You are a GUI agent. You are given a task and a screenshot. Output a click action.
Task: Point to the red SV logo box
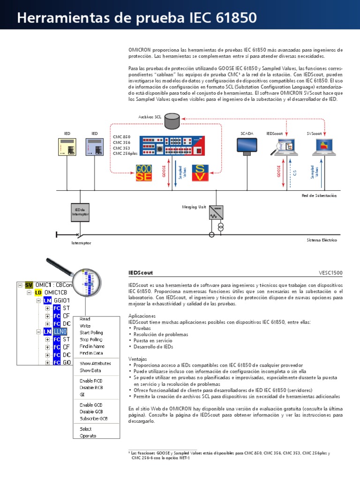200,173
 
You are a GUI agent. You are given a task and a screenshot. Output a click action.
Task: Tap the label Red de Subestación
319,195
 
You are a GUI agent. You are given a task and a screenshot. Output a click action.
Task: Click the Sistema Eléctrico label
322,240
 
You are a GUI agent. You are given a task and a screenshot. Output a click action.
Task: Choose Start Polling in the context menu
91,332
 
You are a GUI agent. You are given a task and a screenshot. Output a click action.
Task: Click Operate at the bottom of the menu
88,435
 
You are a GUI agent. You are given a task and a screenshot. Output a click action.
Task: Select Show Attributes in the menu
95,363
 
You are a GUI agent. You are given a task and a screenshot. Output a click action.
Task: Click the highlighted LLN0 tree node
60,331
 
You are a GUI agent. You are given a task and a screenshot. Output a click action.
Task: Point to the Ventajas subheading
137,358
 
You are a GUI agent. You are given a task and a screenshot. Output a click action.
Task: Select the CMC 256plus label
125,153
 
